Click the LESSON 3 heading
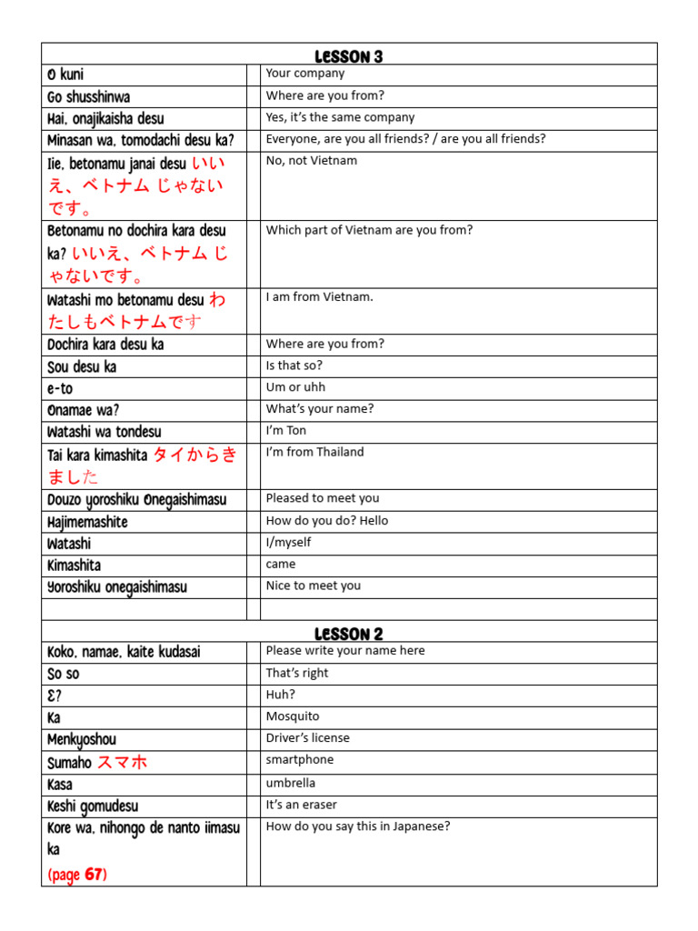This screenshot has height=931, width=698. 348,56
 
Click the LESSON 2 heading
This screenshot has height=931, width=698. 348,634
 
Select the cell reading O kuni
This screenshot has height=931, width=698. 65,75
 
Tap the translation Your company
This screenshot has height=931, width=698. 305,74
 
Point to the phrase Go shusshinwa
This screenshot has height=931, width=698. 89,97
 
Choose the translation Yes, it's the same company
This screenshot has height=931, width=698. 340,117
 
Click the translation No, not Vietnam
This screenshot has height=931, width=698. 312,161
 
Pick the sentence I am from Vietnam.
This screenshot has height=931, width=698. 319,297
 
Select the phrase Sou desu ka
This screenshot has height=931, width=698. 82,367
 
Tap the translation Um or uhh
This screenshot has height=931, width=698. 295,387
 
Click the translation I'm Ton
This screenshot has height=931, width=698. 286,431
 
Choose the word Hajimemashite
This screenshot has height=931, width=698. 87,523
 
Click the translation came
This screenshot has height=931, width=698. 281,565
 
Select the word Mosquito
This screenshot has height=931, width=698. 293,716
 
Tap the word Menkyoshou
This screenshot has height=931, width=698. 82,740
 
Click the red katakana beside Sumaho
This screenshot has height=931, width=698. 122,762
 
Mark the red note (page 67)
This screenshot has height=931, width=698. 77,875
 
